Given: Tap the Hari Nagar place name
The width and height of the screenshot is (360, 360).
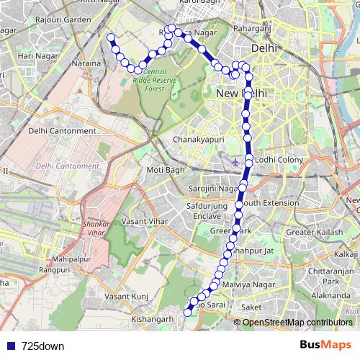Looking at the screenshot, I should pyautogui.click(x=35, y=55).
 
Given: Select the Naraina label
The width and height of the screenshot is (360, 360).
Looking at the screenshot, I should pyautogui.click(x=87, y=64).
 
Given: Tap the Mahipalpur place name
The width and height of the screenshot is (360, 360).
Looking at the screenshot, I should pyautogui.click(x=70, y=257).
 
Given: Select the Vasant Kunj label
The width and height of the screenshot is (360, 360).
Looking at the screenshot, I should pyautogui.click(x=126, y=297).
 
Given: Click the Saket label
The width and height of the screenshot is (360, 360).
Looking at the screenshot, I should pyautogui.click(x=252, y=307).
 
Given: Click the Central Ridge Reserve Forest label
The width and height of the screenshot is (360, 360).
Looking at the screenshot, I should pyautogui.click(x=156, y=80).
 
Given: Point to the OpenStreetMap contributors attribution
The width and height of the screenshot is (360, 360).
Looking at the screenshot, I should pyautogui.click(x=297, y=323).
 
